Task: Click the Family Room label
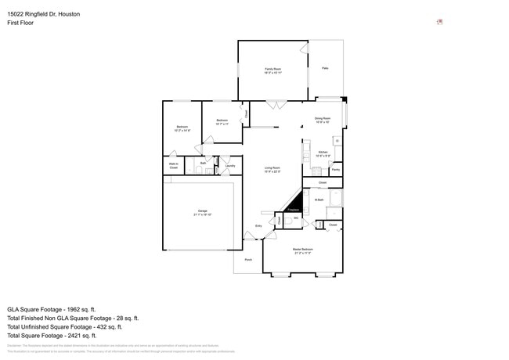point(272,70)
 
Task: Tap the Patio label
point(325,69)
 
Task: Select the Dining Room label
point(323,118)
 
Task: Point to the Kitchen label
point(323,153)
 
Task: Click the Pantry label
point(335,169)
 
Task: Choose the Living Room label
point(272,168)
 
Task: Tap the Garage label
point(202,211)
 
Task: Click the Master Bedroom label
point(303,250)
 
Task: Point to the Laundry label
point(230,165)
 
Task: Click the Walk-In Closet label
point(174,166)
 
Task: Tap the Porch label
point(248,259)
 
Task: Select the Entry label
point(258,226)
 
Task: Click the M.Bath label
point(319,200)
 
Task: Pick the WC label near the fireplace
point(296,218)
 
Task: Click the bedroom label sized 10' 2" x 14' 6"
point(182,128)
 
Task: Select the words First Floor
point(20,23)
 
